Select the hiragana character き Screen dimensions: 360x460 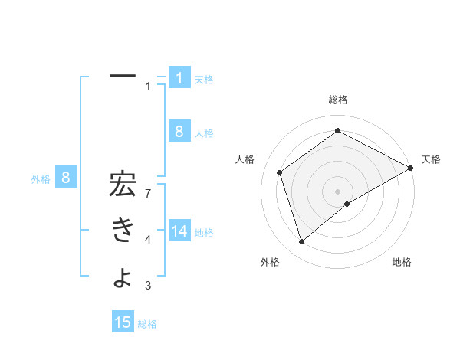click(x=123, y=231)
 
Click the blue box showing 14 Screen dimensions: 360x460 click(x=179, y=231)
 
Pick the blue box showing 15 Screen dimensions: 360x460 click(x=123, y=322)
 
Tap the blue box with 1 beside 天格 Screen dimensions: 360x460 click(x=179, y=77)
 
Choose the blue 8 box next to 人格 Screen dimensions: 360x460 click(x=179, y=131)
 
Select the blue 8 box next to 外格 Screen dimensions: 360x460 click(x=66, y=178)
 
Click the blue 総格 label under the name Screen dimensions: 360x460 click(x=147, y=324)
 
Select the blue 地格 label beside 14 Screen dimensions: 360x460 click(x=204, y=232)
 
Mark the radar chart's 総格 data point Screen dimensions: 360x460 click(x=337, y=130)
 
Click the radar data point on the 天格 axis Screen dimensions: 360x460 click(x=410, y=168)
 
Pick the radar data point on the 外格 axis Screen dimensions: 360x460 click(x=301, y=242)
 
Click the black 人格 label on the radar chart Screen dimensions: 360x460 click(x=245, y=159)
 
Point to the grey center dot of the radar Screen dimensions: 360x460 click(x=337, y=191)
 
